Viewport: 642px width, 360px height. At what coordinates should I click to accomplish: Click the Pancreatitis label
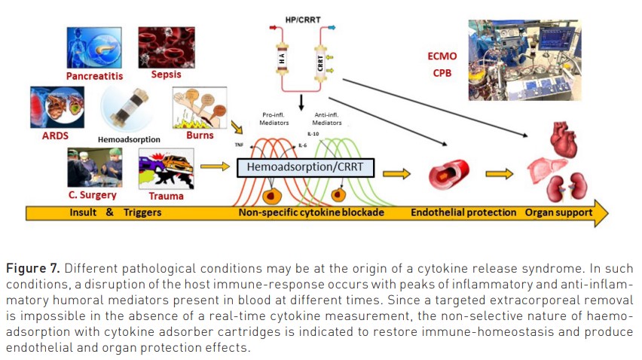coord(94,76)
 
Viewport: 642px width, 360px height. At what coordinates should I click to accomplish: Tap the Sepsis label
coord(166,75)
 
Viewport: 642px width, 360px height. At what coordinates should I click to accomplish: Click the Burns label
coord(200,135)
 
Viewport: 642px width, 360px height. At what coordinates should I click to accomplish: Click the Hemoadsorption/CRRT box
coord(305,167)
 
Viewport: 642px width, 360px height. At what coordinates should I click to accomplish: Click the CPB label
coord(442,72)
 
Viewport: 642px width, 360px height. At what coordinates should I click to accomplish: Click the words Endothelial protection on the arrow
coord(463,212)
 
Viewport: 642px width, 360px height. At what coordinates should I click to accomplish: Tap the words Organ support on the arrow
coord(558,212)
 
